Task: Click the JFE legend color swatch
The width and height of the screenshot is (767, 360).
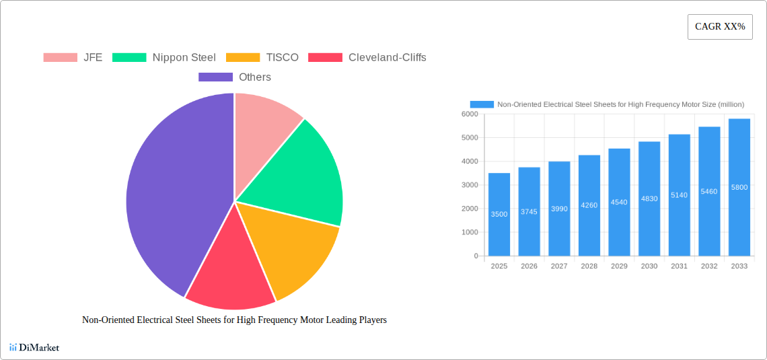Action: (x=60, y=57)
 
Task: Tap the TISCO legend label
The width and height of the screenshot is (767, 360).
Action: (x=282, y=57)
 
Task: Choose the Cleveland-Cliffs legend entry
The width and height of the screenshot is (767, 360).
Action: (x=387, y=57)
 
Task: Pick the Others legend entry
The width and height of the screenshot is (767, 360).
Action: (x=254, y=77)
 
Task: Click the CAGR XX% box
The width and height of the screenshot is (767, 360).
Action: (x=719, y=27)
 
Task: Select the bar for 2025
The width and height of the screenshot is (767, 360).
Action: (x=499, y=214)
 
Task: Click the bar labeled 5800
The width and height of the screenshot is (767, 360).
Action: (x=739, y=187)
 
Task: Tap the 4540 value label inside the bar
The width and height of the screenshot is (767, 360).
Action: (x=619, y=202)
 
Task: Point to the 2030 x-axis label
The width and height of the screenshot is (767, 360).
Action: (x=649, y=266)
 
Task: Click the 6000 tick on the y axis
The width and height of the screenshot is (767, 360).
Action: (x=469, y=114)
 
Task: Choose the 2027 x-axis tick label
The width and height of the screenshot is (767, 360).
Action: (x=559, y=266)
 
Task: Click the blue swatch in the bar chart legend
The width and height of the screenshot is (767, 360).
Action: (x=482, y=104)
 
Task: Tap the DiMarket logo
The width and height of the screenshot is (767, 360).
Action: (x=34, y=347)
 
